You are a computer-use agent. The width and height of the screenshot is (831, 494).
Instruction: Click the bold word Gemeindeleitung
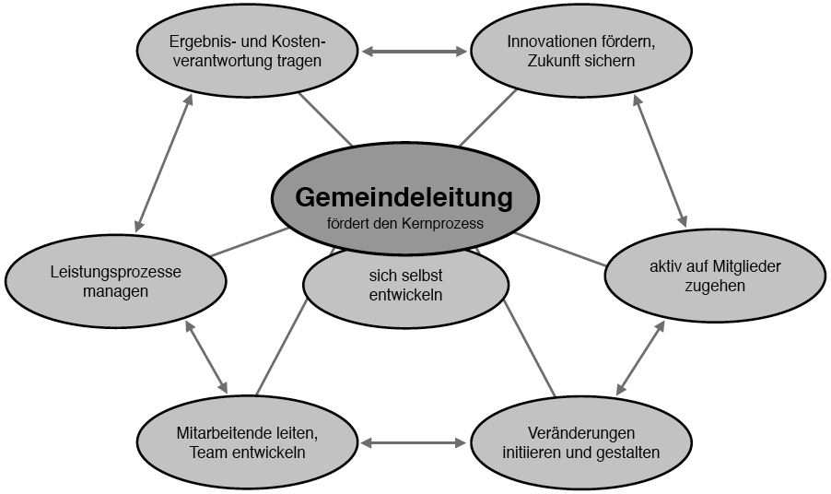404,197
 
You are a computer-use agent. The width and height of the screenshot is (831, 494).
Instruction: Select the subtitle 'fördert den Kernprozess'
404,224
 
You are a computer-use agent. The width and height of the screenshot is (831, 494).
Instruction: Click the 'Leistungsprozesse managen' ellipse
115,281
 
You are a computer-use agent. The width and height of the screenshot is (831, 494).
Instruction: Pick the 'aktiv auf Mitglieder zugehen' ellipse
715,276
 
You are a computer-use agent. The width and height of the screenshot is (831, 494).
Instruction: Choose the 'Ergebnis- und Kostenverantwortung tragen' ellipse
247,51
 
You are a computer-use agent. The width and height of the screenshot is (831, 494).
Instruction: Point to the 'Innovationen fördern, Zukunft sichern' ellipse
581,51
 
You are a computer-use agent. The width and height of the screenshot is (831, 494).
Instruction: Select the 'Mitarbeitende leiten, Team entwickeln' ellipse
247,442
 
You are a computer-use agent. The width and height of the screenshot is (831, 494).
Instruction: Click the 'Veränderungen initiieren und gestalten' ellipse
581,442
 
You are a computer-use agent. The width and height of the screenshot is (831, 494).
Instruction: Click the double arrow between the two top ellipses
414,52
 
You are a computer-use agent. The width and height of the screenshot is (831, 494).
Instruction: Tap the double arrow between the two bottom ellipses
414,442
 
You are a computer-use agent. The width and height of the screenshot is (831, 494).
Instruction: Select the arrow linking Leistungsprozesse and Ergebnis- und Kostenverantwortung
163,163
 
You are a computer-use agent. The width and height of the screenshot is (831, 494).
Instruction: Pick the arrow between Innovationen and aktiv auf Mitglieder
660,161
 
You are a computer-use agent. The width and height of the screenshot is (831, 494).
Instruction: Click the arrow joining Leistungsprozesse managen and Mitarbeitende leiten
206,357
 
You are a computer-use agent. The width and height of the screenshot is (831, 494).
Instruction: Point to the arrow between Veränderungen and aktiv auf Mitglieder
640,358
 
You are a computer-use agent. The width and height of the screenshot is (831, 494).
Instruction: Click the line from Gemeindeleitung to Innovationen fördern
487,118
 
